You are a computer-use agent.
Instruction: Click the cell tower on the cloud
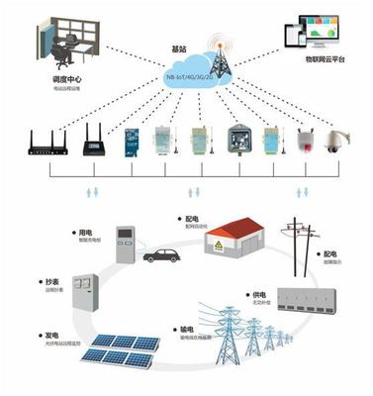tap(216, 54)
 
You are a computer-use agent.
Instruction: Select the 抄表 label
tap(47, 281)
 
